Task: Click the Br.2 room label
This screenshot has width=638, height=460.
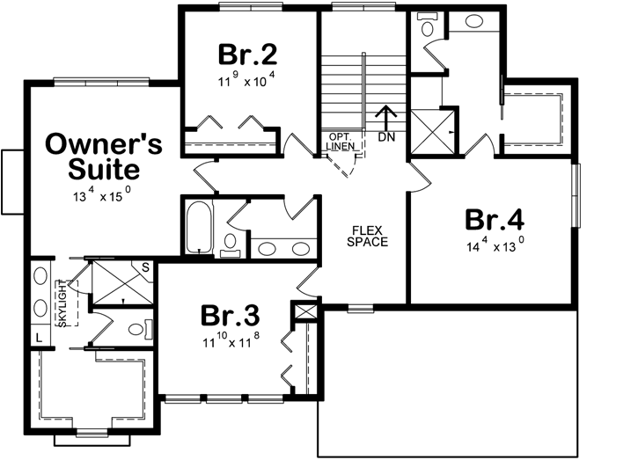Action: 248,55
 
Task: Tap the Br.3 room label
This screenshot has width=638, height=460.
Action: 231,315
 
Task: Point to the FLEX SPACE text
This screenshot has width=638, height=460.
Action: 366,235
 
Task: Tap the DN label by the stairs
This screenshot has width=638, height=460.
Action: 385,137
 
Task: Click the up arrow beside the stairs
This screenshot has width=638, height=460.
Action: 385,117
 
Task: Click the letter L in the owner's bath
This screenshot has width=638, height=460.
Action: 40,337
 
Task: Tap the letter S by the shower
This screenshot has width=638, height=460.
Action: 144,267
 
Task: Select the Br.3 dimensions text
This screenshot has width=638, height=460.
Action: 231,339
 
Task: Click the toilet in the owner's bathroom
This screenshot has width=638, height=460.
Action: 134,330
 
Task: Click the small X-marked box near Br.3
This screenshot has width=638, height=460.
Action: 306,312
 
